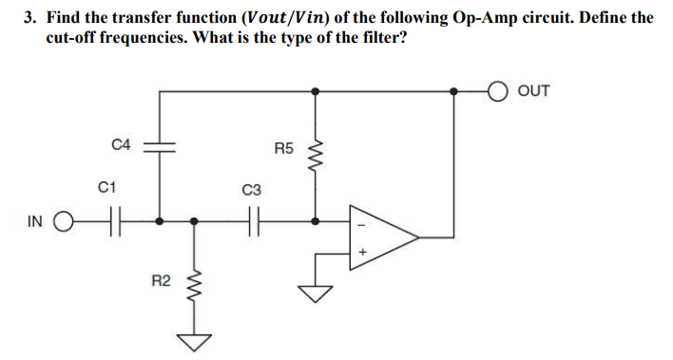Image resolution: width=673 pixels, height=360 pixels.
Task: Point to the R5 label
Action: pyautogui.click(x=283, y=148)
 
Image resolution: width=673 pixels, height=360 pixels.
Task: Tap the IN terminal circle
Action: pyautogui.click(x=63, y=222)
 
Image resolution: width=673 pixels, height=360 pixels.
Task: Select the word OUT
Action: pyautogui.click(x=534, y=91)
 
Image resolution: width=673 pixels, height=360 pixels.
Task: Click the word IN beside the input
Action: pyautogui.click(x=34, y=222)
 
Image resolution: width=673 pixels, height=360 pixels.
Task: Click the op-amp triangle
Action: pyautogui.click(x=382, y=237)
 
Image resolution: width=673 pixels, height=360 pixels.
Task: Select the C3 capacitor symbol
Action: pyautogui.click(x=254, y=222)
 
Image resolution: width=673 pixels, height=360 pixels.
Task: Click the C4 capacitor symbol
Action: pyautogui.click(x=159, y=147)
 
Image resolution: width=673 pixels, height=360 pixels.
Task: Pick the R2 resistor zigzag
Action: pyautogui.click(x=195, y=282)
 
